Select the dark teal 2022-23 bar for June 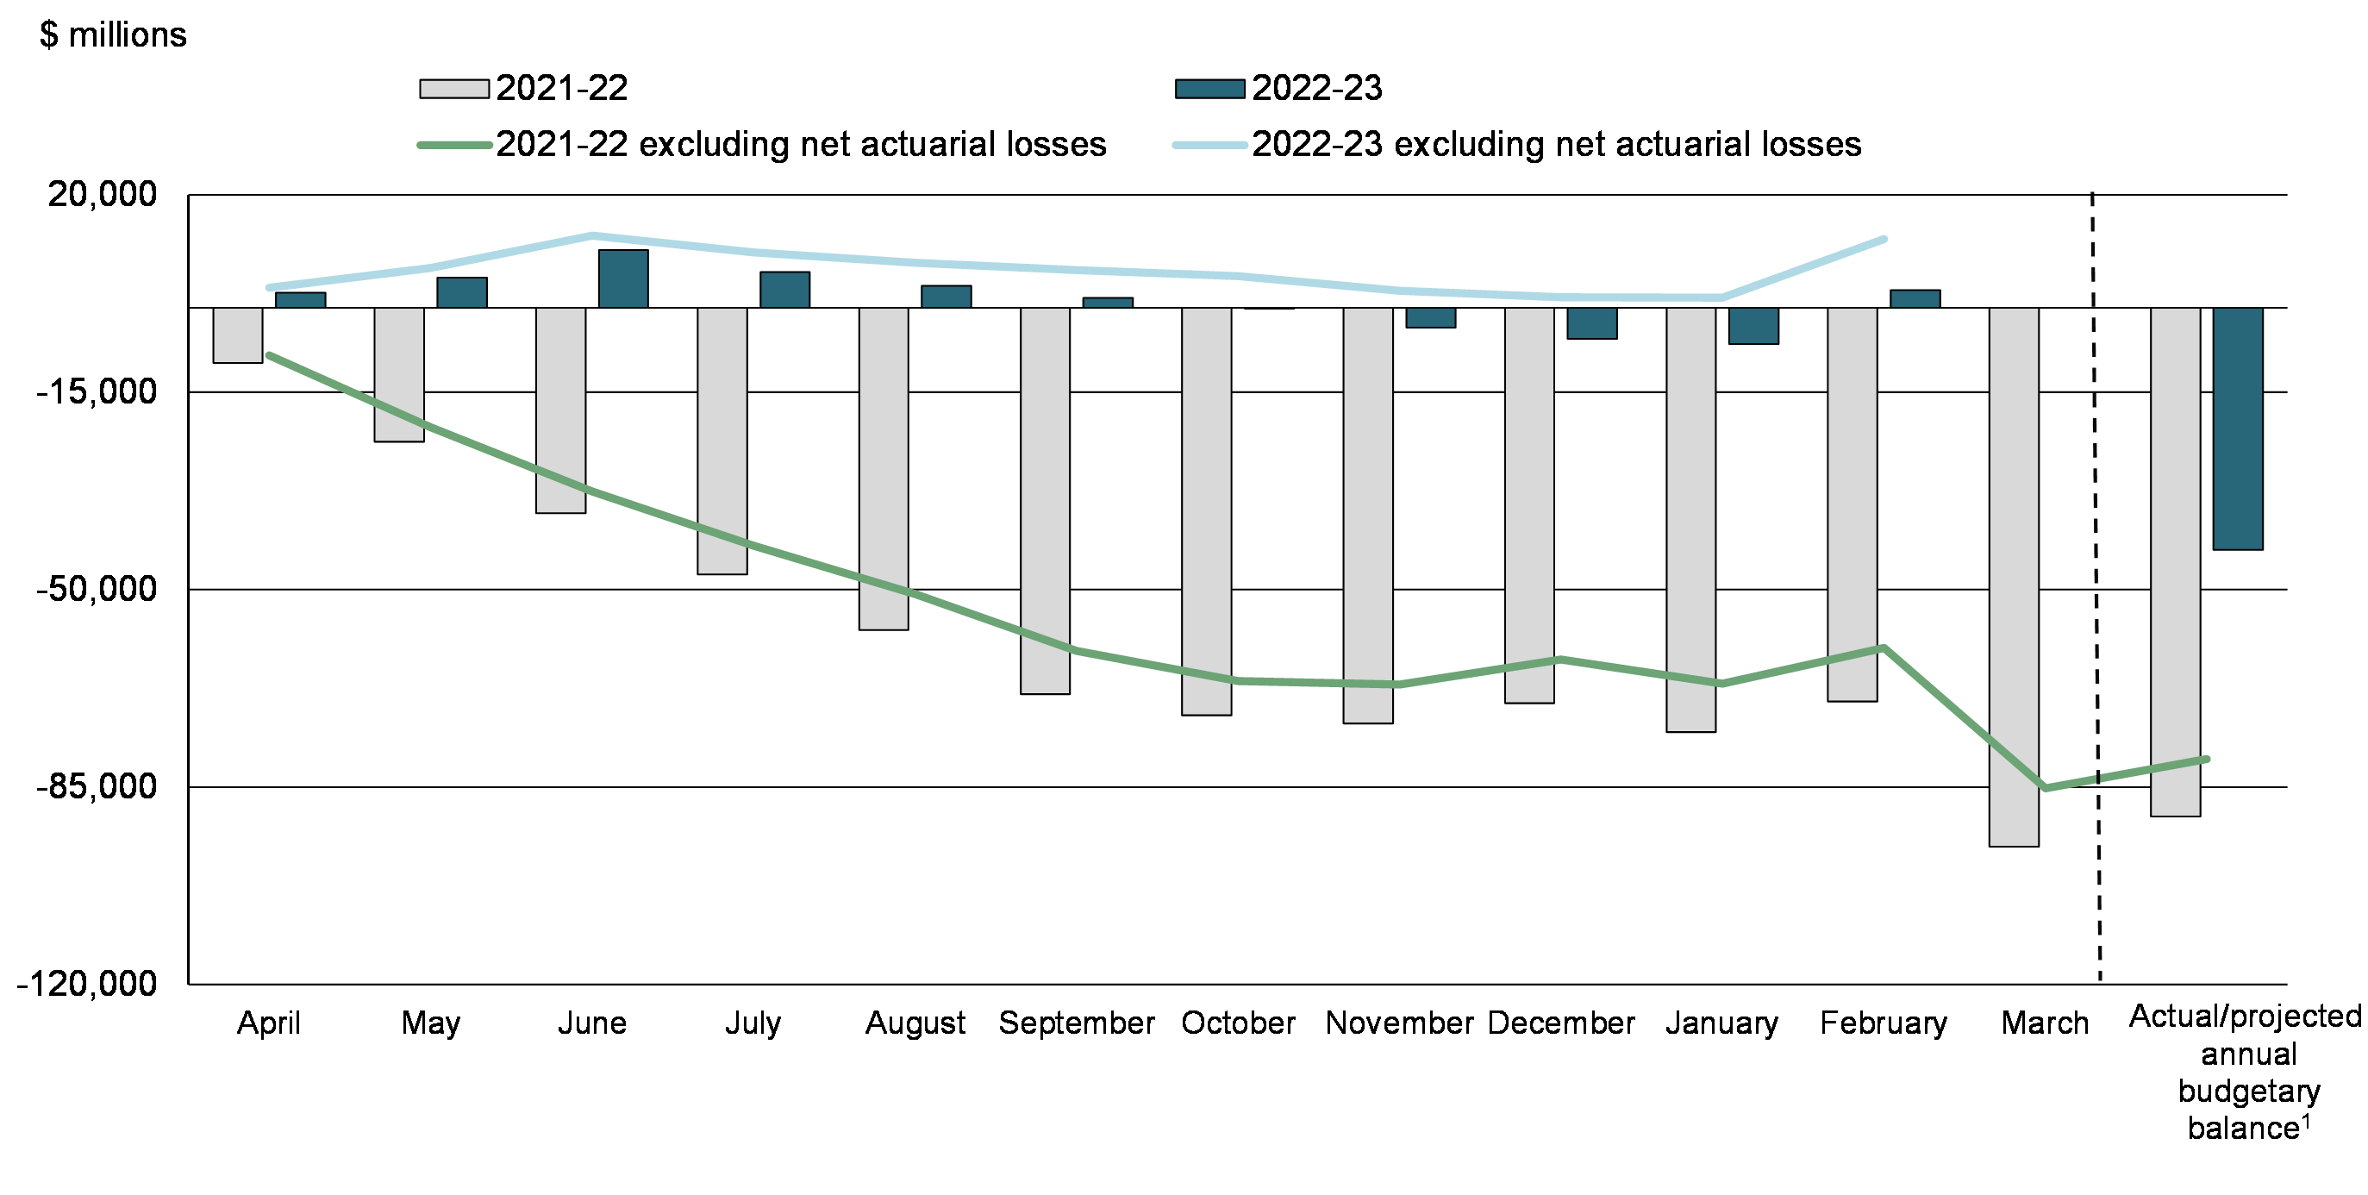(x=623, y=278)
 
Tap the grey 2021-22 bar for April (x=238, y=335)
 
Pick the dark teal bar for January (x=1753, y=325)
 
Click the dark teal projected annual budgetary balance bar (x=2238, y=429)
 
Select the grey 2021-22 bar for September (x=1045, y=500)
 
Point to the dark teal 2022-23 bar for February (x=1915, y=298)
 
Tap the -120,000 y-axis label (x=87, y=984)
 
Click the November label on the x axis (x=1399, y=1023)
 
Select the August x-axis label (x=915, y=1023)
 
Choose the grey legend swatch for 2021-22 (x=454, y=89)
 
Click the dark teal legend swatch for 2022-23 (x=1209, y=89)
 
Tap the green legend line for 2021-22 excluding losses (x=454, y=145)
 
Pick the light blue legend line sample (x=1209, y=145)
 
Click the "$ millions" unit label (x=113, y=35)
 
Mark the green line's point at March (x=2046, y=788)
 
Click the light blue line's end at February (x=1884, y=239)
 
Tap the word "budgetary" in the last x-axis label (x=2249, y=1092)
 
